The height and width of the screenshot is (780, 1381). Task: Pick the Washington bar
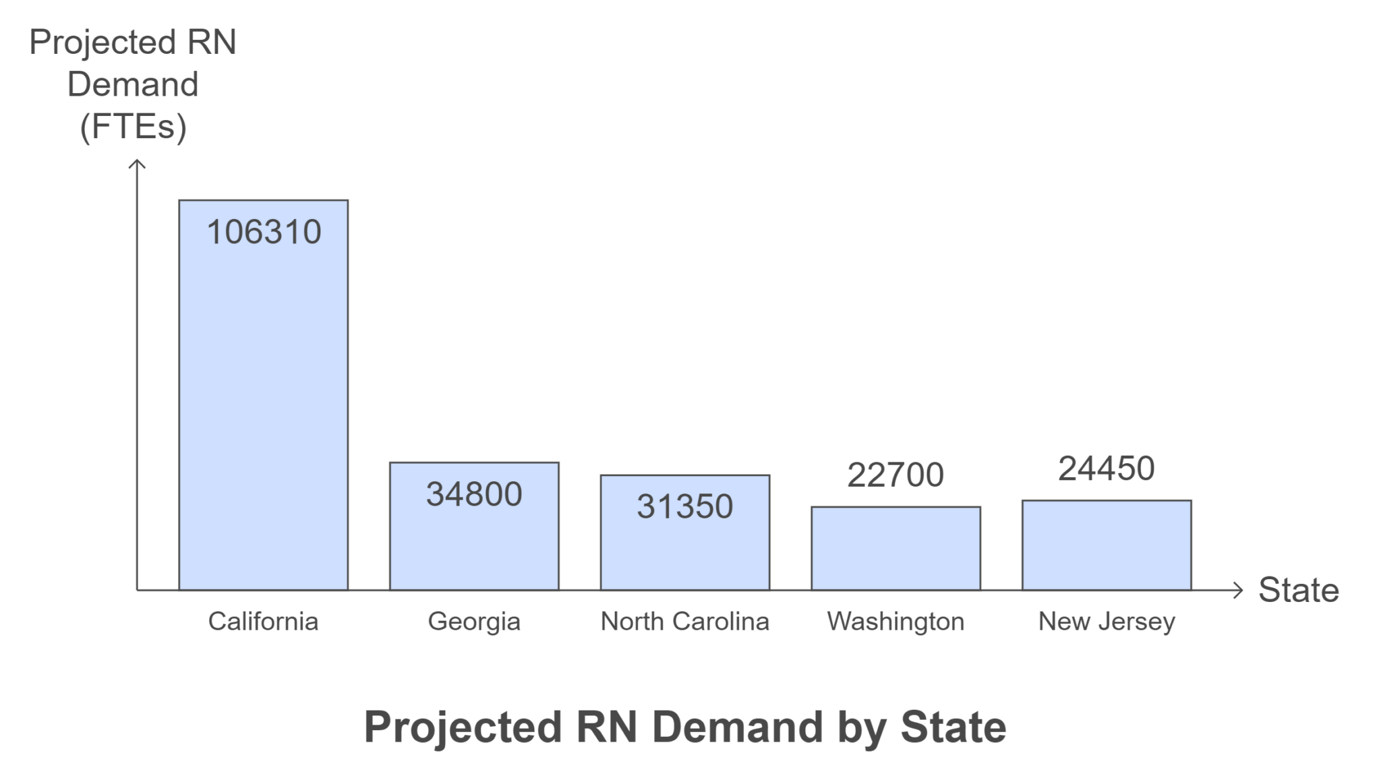[895, 549]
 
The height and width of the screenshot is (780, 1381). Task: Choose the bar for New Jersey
[1107, 545]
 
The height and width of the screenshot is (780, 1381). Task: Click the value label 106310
[264, 232]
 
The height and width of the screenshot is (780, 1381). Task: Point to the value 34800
[474, 494]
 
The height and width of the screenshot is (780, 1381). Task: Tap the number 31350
[684, 506]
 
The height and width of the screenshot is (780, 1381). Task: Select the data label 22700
[895, 475]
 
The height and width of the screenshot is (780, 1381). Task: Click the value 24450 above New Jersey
[1106, 469]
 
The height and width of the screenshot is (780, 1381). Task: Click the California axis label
[263, 621]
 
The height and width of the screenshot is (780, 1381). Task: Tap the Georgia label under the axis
[474, 621]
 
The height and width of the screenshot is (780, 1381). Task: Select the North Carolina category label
[684, 621]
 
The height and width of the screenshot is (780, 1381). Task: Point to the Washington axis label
[895, 621]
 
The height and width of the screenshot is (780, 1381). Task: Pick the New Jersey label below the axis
[1107, 621]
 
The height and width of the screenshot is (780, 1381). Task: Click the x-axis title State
[1298, 590]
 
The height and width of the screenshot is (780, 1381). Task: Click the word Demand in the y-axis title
[133, 84]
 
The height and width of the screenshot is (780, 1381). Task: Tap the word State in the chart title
[953, 727]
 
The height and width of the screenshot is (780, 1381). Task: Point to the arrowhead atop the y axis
[137, 163]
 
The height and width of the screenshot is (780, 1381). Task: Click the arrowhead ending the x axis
[1238, 591]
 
